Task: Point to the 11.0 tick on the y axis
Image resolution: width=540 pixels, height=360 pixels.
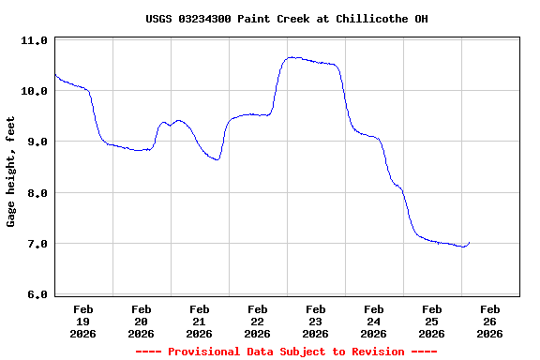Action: [34, 41]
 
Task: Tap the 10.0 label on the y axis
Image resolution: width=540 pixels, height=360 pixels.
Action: [34, 92]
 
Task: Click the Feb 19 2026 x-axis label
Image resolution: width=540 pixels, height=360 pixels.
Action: [82, 321]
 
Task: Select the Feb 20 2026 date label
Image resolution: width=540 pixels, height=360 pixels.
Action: [141, 321]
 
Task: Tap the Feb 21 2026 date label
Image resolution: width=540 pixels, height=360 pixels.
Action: [199, 321]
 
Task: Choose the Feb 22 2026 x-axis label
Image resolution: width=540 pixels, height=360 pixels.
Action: [257, 321]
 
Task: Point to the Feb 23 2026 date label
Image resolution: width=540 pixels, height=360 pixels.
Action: [315, 321]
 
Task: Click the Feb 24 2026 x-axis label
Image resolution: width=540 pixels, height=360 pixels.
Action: [373, 321]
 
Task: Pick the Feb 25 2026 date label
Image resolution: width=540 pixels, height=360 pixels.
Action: [431, 321]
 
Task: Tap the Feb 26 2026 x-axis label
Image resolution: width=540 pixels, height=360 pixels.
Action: [489, 321]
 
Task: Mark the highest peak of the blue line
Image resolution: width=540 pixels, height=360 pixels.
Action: [292, 57]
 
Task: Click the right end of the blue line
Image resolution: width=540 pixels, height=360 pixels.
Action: [469, 243]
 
